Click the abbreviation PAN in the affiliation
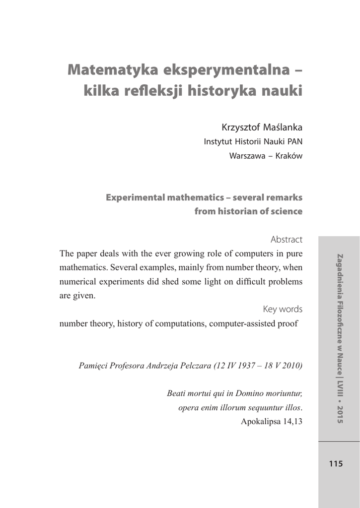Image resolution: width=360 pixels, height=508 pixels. [293, 142]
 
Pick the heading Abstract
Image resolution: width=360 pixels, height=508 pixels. [287, 240]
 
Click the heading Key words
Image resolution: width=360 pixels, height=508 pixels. [283, 309]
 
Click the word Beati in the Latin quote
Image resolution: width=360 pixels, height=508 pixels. [177, 394]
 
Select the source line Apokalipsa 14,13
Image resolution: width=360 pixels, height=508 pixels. [272, 422]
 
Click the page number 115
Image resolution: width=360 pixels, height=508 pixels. [336, 464]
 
